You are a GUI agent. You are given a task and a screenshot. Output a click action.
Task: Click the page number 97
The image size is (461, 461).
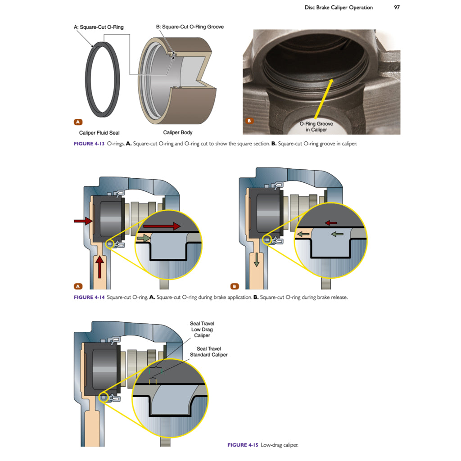(397, 7)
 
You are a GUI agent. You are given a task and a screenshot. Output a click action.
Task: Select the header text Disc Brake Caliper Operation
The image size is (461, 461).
(339, 7)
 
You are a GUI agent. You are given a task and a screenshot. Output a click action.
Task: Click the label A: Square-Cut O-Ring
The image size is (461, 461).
(99, 27)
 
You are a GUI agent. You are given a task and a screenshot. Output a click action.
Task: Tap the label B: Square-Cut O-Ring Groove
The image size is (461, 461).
(190, 27)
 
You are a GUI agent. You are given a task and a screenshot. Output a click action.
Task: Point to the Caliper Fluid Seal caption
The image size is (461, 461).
(99, 133)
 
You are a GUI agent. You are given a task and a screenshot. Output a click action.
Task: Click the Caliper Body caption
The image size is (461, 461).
(177, 133)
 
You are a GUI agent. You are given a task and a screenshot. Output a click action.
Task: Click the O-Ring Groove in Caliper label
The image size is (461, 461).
(316, 127)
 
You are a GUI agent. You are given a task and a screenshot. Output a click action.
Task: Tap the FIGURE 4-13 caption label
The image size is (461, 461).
(89, 144)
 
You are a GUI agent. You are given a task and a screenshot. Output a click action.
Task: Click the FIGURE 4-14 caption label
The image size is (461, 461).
(89, 298)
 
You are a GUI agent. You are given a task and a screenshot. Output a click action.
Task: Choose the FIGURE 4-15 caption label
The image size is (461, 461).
(243, 445)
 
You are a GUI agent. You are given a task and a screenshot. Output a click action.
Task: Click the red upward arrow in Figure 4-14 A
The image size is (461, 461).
(100, 266)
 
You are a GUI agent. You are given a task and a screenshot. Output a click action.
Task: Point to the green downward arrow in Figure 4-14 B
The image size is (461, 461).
(256, 259)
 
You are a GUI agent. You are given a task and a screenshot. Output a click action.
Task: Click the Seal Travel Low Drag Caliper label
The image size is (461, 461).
(202, 330)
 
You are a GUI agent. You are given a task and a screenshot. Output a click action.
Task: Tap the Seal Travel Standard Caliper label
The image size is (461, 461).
(212, 352)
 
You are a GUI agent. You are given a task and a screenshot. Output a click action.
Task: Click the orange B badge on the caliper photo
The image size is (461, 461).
(251, 121)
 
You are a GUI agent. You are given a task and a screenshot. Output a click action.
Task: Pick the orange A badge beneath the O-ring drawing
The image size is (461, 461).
(78, 122)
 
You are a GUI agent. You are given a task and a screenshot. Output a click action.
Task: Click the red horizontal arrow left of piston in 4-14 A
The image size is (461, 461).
(82, 221)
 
